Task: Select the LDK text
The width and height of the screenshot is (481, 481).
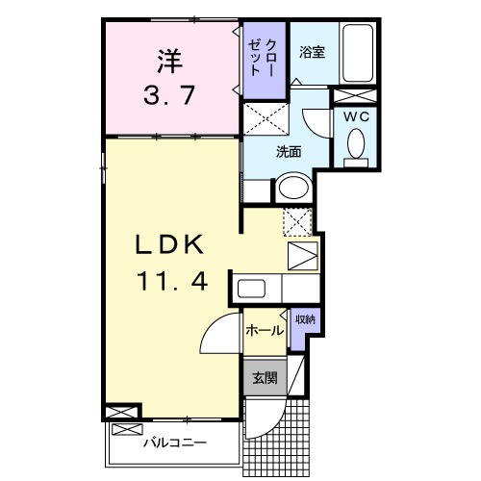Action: pos(169,247)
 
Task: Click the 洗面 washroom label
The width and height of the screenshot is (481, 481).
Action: pos(289,151)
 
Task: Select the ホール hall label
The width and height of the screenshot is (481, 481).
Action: pos(264,330)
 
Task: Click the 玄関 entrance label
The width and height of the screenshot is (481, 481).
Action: pos(264,378)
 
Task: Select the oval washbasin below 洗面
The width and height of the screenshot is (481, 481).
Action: pos(292,188)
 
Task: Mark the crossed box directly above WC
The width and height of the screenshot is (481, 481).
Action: pos(353,94)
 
